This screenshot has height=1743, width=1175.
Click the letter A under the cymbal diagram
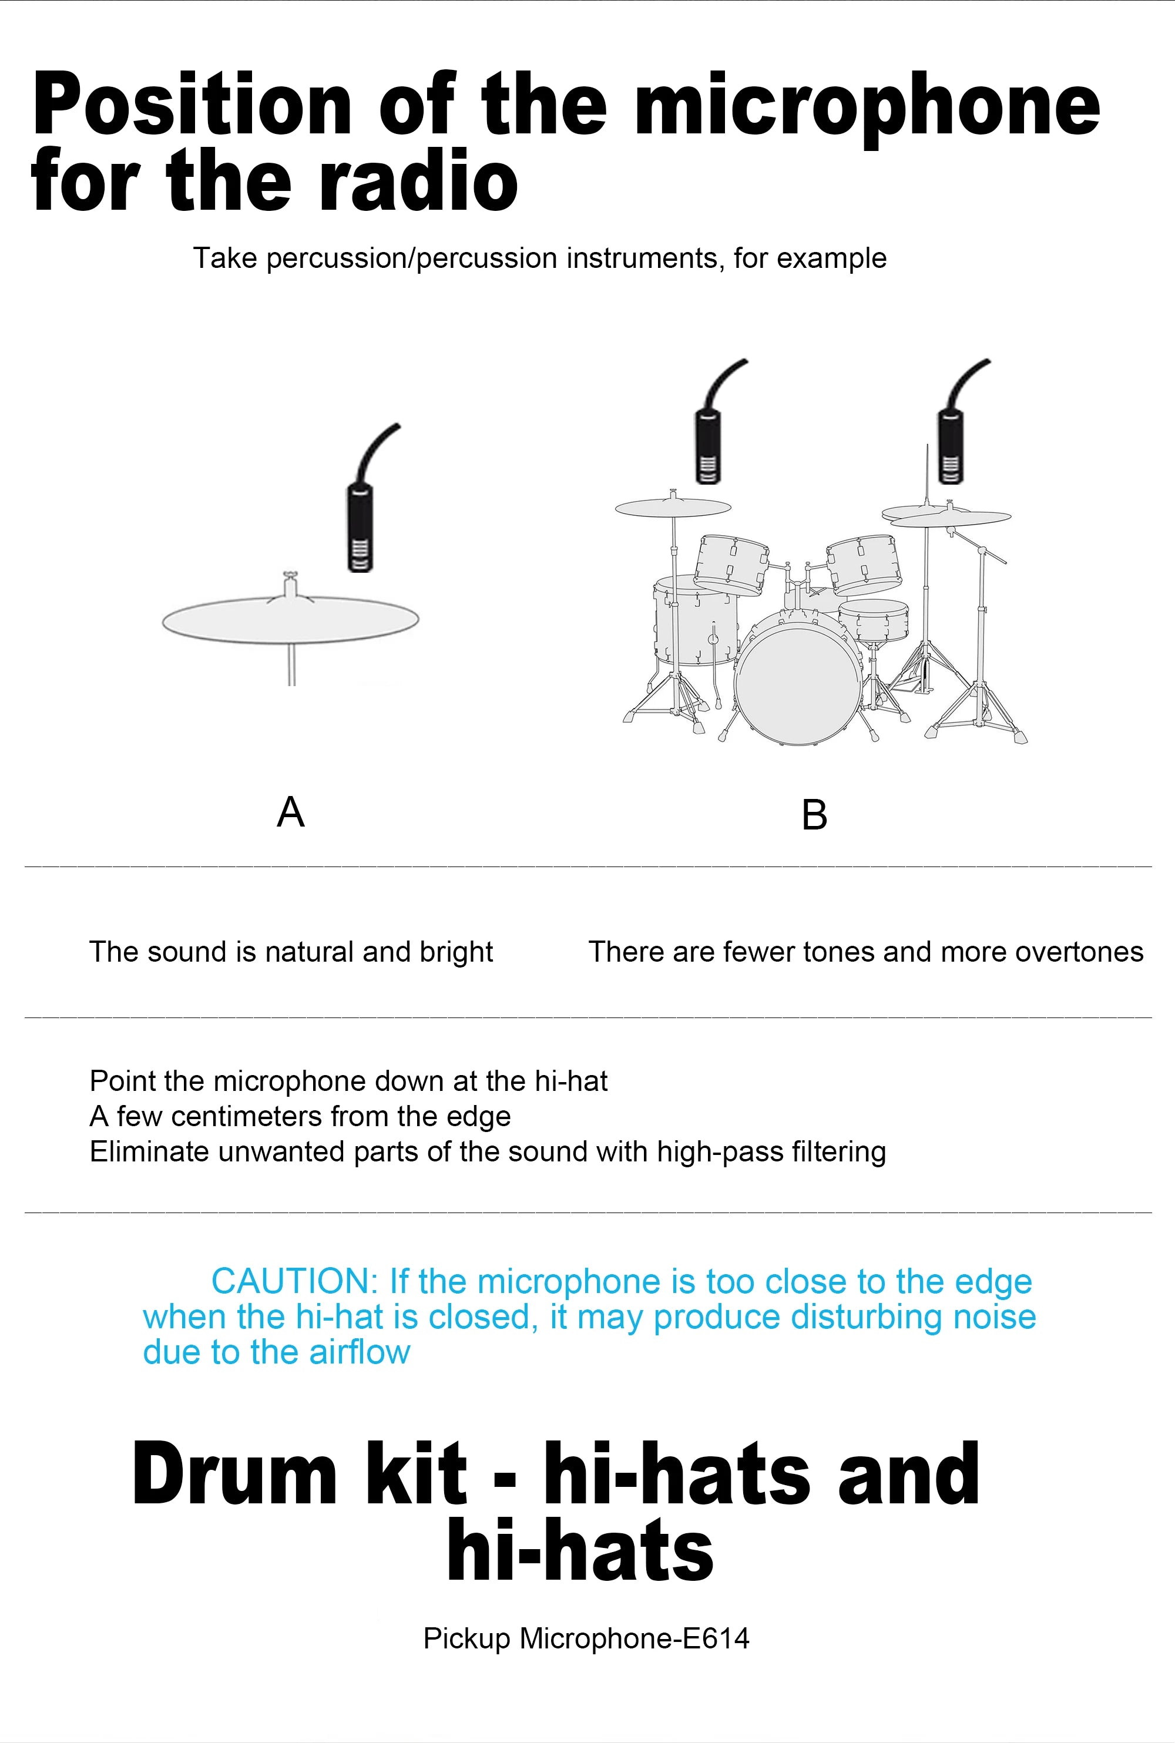point(291,811)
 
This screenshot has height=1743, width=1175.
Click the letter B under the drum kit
point(814,815)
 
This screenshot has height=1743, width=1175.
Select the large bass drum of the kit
point(798,686)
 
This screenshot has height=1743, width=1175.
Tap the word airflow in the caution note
point(360,1352)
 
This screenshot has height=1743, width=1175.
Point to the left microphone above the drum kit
point(708,448)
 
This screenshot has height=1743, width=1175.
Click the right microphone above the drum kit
point(950,448)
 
